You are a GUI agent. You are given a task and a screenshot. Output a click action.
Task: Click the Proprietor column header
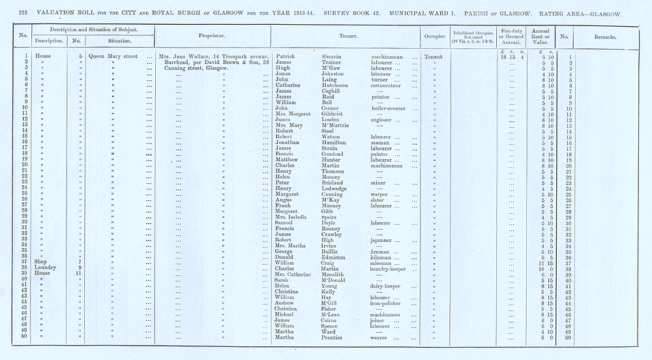pos(213,35)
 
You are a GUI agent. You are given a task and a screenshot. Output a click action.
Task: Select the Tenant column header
pos(345,35)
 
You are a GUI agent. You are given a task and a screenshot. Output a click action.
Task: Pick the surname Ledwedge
pos(336,188)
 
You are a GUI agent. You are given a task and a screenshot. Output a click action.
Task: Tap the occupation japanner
pos(382,240)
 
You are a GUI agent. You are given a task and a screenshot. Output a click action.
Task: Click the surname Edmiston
pos(336,257)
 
